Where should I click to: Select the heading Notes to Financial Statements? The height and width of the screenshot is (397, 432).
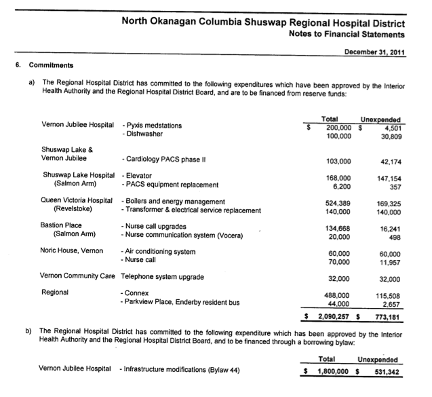click(x=347, y=33)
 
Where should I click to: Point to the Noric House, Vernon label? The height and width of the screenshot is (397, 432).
click(x=72, y=251)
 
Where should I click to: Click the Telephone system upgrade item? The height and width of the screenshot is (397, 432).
click(x=162, y=277)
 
